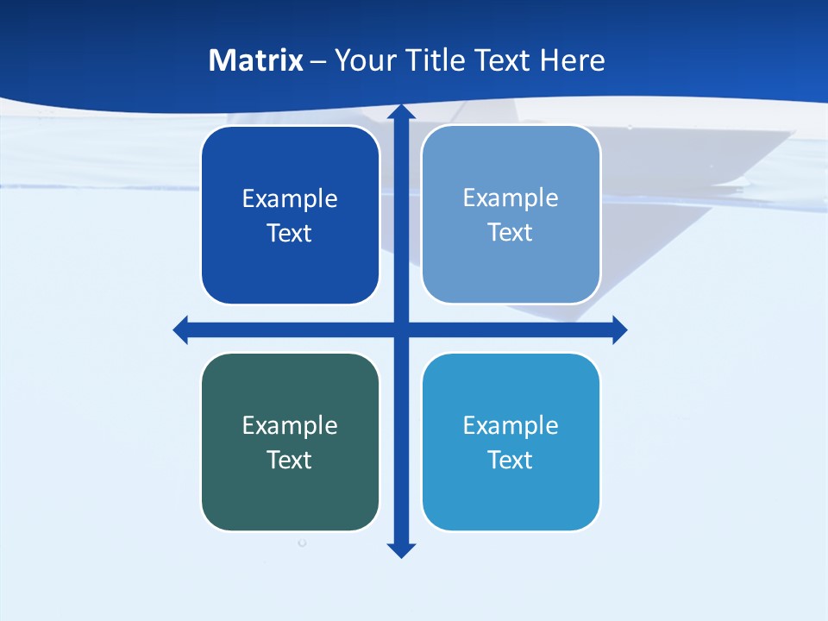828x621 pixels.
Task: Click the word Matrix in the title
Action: click(255, 60)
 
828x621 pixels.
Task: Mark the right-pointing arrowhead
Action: click(619, 329)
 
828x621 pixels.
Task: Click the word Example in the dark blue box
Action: click(290, 199)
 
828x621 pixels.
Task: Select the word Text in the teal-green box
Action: click(290, 460)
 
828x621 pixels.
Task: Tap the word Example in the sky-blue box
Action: click(511, 425)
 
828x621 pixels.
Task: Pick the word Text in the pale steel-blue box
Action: click(511, 233)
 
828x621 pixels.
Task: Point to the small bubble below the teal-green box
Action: click(302, 543)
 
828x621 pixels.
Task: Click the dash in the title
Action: click(318, 61)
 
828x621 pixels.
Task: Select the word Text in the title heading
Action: click(502, 60)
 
